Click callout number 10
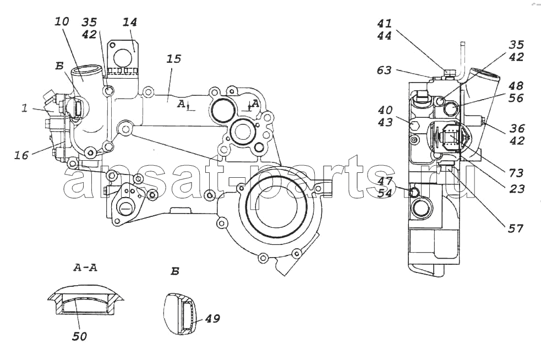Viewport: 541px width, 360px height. coord(62,21)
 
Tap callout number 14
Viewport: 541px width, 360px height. coord(130,22)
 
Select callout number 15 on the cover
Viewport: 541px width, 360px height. coord(173,59)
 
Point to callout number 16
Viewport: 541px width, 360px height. coord(21,155)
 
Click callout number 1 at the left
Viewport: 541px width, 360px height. coord(24,108)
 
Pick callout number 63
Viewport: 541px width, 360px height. coord(384,70)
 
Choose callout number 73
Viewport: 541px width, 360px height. coord(516,173)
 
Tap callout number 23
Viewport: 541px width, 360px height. coord(517,188)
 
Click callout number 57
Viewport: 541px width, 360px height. coord(516,228)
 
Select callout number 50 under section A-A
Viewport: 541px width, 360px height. coord(79,336)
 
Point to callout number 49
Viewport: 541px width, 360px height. coord(212,318)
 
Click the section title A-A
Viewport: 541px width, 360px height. coord(85,267)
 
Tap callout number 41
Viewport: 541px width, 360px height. coord(384,23)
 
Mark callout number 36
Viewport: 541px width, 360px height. coord(517,128)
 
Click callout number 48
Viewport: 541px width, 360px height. coord(516,86)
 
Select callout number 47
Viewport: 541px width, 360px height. coord(385,181)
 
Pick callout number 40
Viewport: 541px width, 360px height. coord(385,110)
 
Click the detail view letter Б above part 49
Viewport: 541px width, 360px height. coord(175,271)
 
